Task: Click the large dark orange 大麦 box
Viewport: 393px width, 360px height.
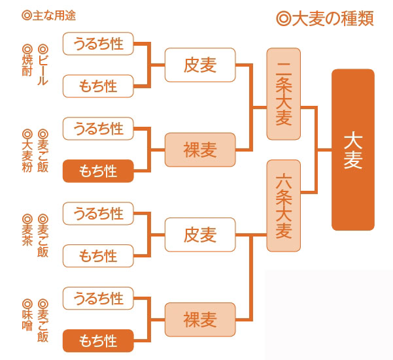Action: [x=353, y=150]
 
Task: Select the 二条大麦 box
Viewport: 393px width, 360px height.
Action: [x=284, y=93]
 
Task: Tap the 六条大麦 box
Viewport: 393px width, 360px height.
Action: [x=284, y=205]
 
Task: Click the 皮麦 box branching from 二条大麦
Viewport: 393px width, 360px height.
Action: [x=199, y=65]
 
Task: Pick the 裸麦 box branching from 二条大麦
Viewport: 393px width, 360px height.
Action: [x=199, y=150]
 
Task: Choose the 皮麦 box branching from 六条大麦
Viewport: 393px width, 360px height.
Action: [x=199, y=235]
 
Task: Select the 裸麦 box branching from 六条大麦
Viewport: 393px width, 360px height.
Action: [x=199, y=320]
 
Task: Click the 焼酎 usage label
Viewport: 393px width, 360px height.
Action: [x=27, y=61]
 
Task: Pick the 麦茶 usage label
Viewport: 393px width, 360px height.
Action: [x=27, y=228]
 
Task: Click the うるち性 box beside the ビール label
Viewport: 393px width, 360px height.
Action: [x=98, y=44]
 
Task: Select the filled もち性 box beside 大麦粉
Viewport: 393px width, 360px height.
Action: [x=98, y=171]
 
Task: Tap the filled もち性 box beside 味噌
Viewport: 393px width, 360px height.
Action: [x=98, y=341]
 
